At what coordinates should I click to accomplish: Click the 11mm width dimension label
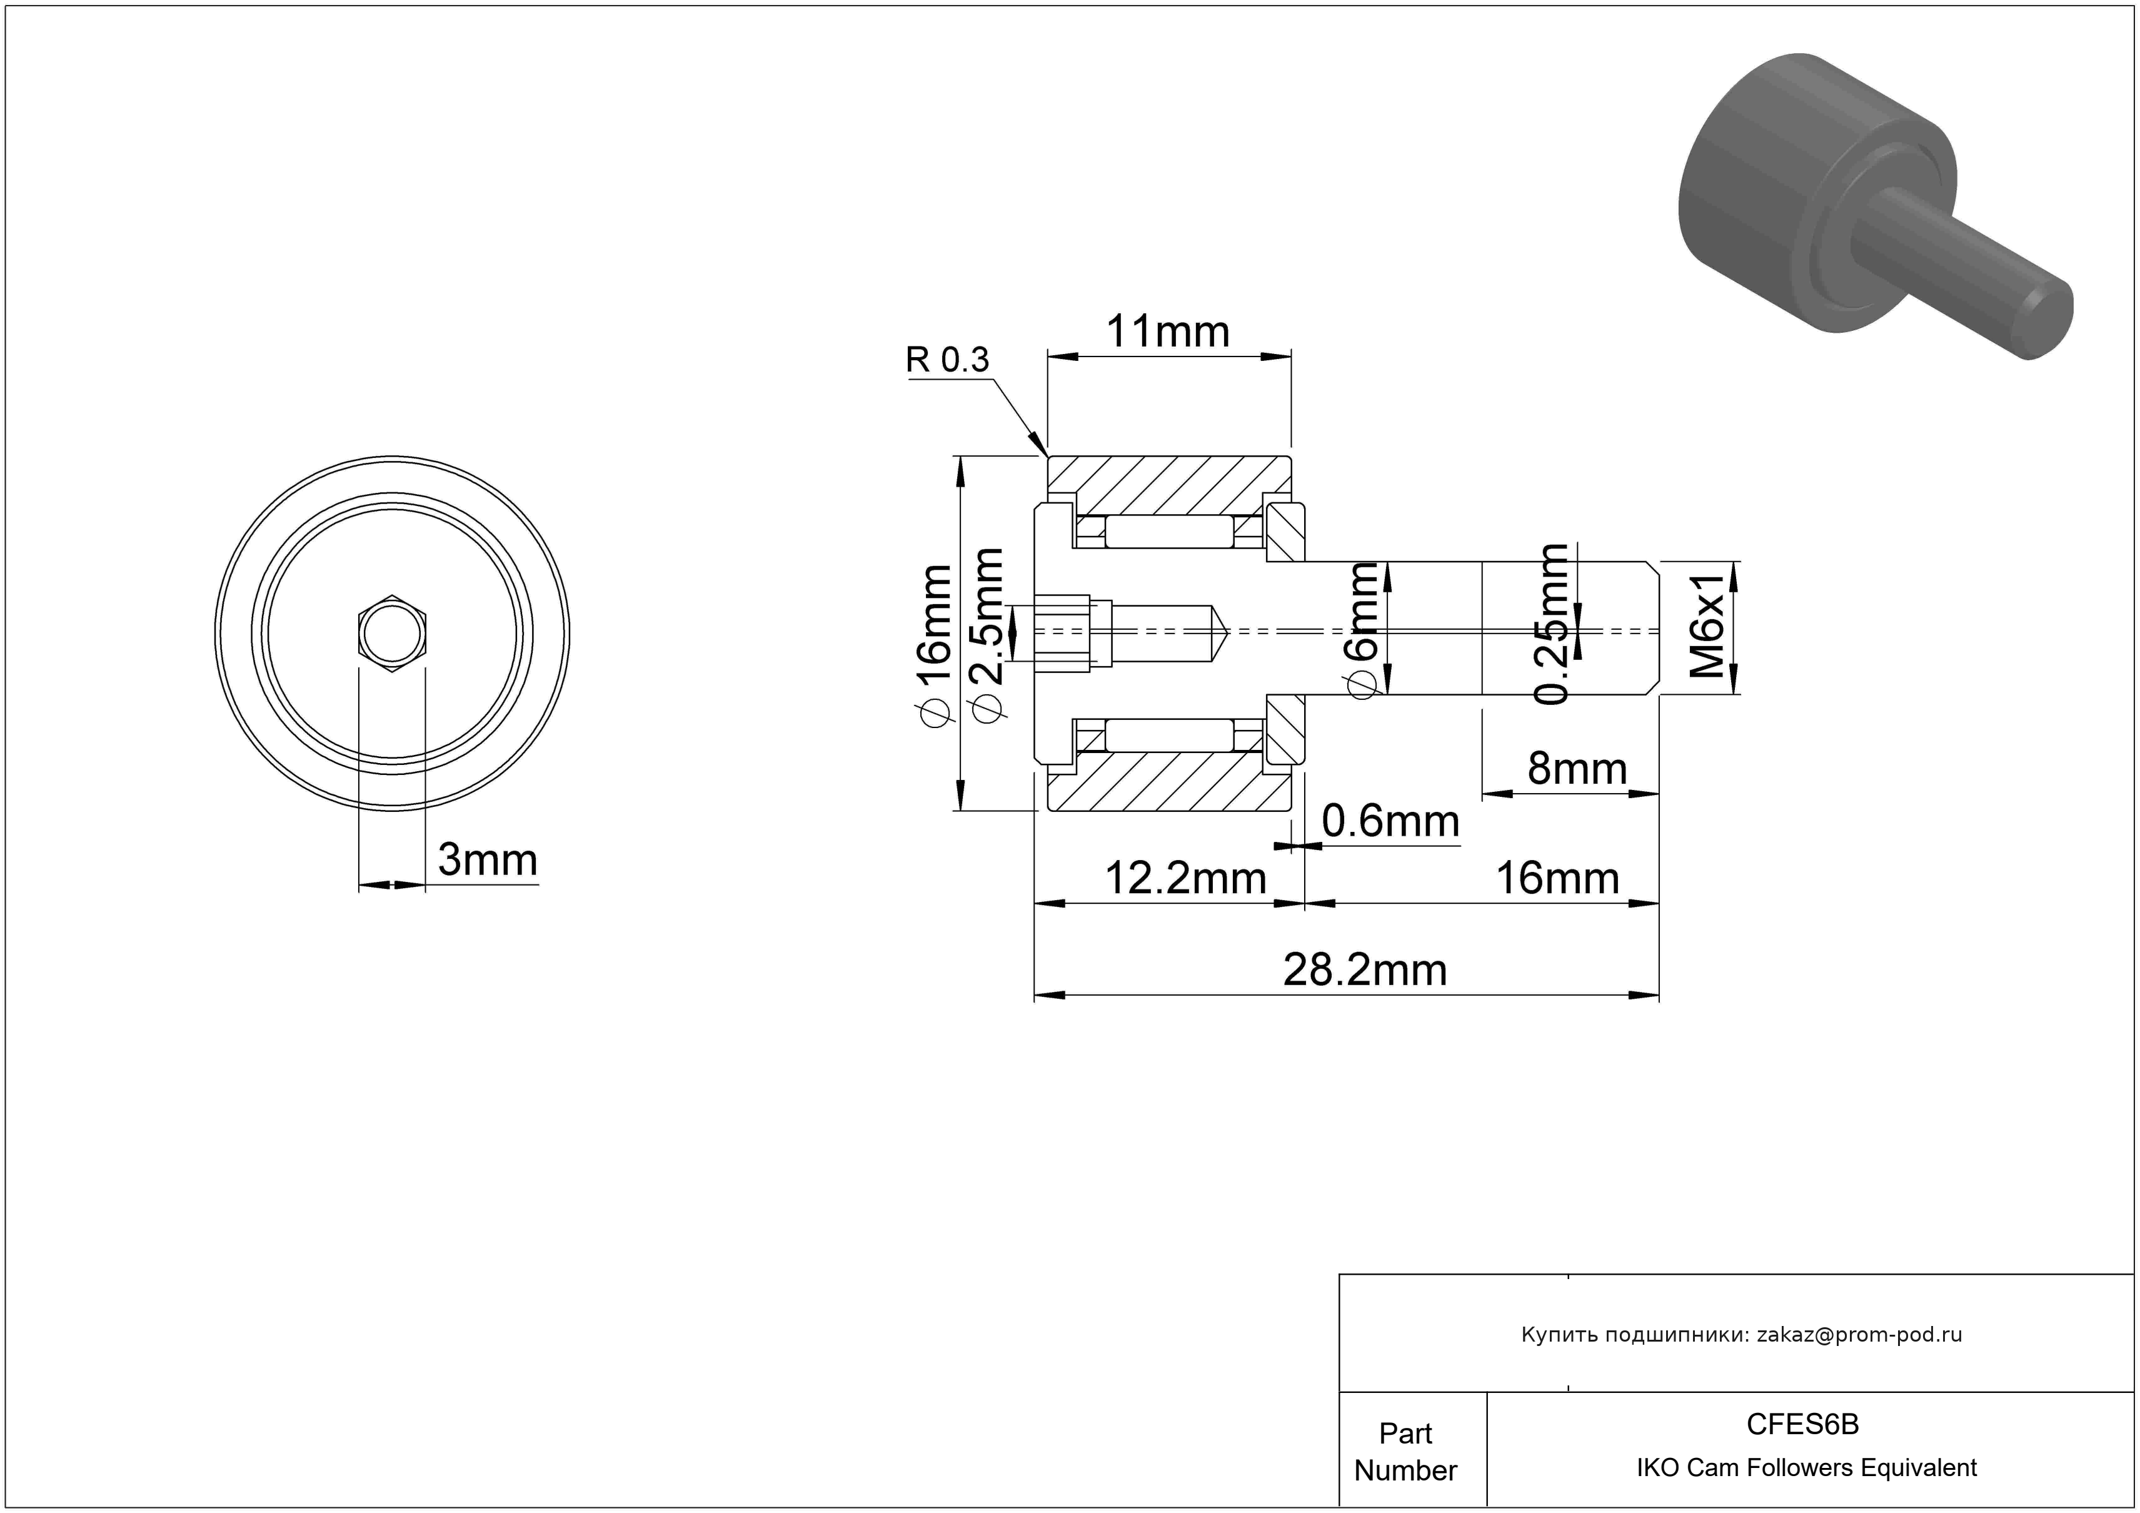(1167, 333)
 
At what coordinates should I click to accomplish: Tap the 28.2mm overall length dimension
(1365, 971)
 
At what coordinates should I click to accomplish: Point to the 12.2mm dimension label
(1185, 879)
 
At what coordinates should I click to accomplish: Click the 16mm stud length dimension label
(1557, 879)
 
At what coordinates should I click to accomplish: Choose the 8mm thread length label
(1577, 769)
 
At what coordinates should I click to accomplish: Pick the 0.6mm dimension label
(1390, 821)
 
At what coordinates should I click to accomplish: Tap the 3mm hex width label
(488, 859)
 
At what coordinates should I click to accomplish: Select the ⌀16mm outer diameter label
(934, 643)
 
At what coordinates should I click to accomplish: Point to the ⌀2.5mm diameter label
(986, 634)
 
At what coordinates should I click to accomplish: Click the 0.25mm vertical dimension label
(1553, 625)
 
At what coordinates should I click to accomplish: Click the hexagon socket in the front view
(393, 633)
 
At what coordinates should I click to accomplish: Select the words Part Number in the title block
(1405, 1452)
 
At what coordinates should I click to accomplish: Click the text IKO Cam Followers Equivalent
(1806, 1468)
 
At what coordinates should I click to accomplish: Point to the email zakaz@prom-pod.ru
(1859, 1335)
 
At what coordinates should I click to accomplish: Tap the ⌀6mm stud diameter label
(1364, 629)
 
